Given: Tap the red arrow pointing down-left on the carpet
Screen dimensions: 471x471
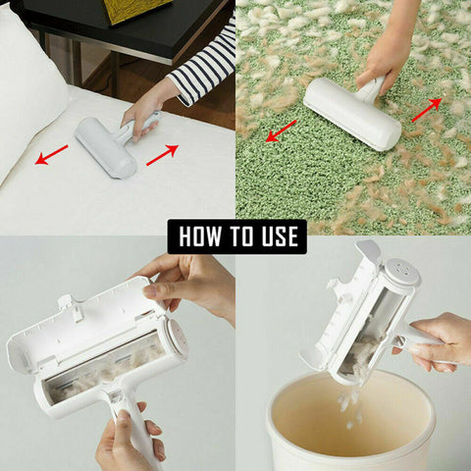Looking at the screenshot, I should coord(281,131).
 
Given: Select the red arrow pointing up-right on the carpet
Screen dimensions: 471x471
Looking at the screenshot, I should coord(425,109).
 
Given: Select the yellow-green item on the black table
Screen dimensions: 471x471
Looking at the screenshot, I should coord(137,10).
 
